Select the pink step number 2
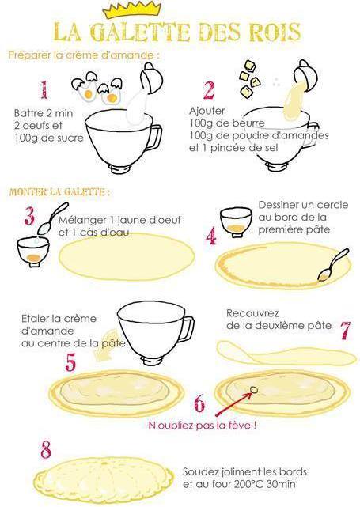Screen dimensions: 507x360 pos(209,90)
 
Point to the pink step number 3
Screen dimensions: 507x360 pos(28,216)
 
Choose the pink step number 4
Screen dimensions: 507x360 pos(210,235)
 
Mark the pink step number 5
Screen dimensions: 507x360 pos(70,362)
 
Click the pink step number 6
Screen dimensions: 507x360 pos(199,404)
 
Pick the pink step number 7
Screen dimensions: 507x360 pos(345,330)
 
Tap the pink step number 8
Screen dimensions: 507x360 pos(46,450)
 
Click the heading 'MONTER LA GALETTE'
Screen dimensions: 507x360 pos(59,192)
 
